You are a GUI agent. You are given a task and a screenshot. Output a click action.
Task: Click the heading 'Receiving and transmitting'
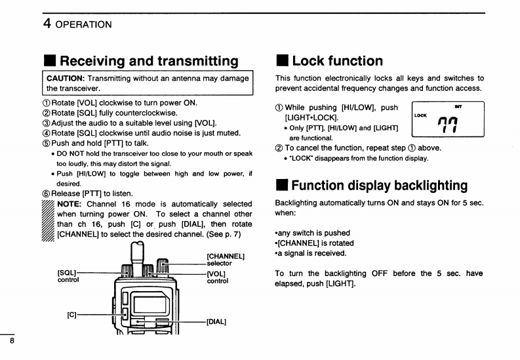[x=149, y=62]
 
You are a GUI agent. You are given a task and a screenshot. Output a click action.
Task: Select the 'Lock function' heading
[x=337, y=62]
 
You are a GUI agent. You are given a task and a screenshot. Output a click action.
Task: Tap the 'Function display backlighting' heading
[x=379, y=186]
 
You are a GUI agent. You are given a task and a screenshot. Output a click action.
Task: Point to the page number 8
[x=12, y=342]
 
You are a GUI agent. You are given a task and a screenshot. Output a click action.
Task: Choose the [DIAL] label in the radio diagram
[x=216, y=321]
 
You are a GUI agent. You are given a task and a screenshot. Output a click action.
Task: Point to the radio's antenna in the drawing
[x=136, y=254]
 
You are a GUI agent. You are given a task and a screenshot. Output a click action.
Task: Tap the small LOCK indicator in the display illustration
[x=421, y=115]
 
